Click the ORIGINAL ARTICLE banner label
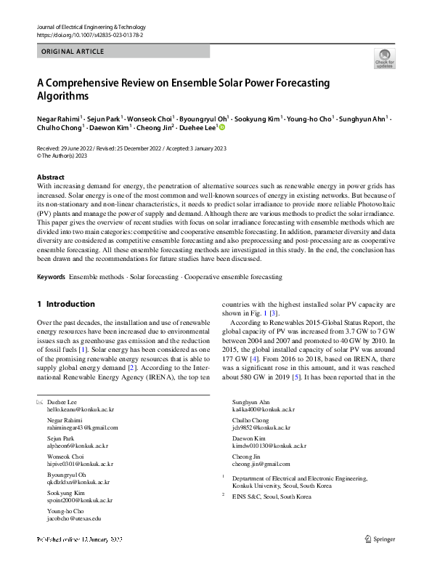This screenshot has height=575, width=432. coord(73,52)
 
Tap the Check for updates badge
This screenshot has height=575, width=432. coord(384,58)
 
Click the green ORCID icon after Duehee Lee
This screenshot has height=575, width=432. coord(222,126)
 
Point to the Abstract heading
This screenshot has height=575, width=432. coord(50,177)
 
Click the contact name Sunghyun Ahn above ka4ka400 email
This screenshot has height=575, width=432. coord(250,402)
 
